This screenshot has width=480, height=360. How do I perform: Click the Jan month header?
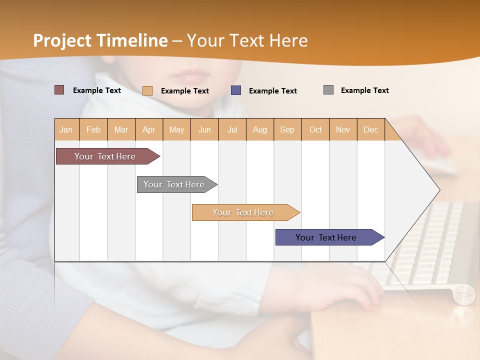(66, 129)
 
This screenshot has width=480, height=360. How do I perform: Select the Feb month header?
(93, 129)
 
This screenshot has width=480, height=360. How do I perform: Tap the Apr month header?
(148, 129)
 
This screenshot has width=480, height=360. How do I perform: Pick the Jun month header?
(204, 129)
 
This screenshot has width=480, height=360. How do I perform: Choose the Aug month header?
(259, 129)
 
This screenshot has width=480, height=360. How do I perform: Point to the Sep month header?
(287, 129)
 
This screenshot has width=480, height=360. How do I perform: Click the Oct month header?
(315, 129)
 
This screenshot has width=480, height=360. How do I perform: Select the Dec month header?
(370, 129)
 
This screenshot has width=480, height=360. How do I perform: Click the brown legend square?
(59, 90)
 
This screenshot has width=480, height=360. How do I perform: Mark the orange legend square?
(147, 90)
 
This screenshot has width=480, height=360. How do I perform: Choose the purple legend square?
(236, 90)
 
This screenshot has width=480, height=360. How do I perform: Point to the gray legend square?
(328, 90)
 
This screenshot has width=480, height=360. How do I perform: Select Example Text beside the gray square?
(364, 90)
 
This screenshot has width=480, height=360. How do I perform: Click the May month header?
(176, 129)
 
